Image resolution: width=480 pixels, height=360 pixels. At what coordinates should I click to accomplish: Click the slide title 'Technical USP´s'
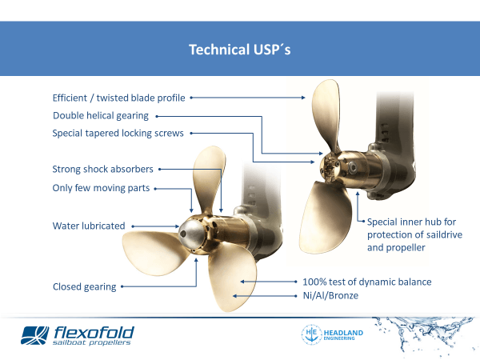coord(240,50)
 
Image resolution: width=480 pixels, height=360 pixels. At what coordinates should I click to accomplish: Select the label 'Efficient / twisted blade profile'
coord(118,98)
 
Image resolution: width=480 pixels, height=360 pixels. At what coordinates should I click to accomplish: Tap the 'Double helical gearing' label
coord(101,116)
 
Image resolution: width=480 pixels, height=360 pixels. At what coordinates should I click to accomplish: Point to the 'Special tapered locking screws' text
coord(118,133)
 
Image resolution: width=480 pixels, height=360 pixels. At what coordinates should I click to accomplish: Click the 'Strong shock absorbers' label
coord(102,169)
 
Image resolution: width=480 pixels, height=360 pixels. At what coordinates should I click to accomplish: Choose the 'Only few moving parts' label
coord(101,188)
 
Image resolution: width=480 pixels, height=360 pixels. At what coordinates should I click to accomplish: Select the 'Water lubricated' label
coord(89,226)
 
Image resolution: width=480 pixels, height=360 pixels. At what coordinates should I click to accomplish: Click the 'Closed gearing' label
coord(85,287)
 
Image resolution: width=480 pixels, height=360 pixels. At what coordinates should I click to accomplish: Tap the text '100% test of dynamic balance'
coord(367,282)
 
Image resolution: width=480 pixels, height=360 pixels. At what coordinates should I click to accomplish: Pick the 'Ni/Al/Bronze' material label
coord(330,295)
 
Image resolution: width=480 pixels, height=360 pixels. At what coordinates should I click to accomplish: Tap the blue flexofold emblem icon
coord(35,335)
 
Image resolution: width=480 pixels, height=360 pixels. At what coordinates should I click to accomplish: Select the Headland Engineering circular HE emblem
coord(312,334)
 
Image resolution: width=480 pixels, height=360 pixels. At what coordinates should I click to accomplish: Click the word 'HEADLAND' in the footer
coord(343,333)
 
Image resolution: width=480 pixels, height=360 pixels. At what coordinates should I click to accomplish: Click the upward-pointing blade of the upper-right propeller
coord(326,114)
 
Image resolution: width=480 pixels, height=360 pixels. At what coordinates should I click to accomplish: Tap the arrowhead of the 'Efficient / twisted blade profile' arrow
coord(303,98)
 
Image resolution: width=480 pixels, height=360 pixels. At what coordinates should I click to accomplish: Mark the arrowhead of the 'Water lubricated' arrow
coord(177,226)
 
